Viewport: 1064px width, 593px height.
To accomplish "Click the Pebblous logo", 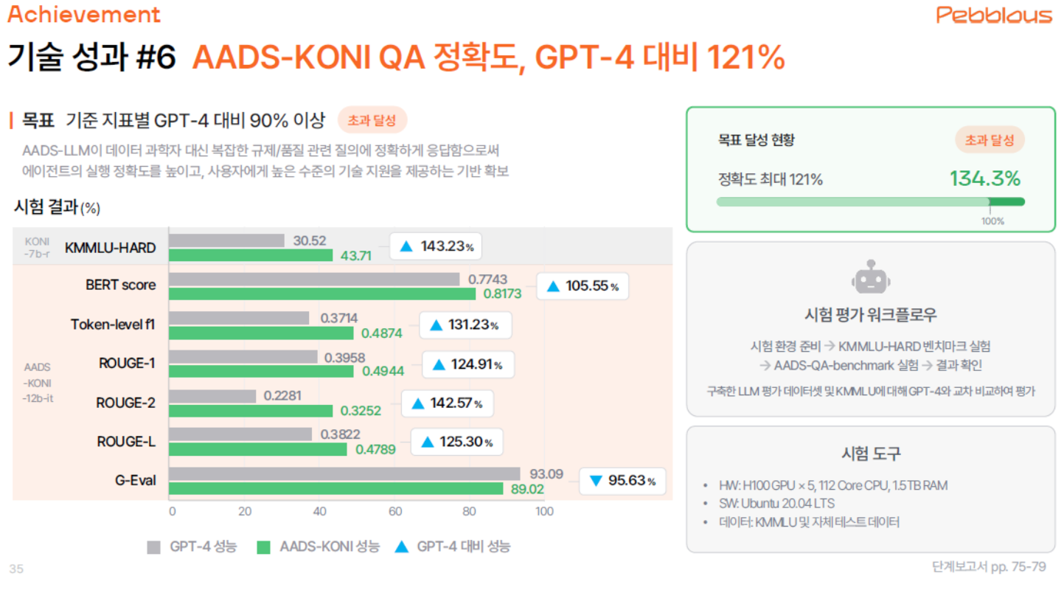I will tap(994, 14).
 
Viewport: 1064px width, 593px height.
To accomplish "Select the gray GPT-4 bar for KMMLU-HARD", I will tap(226, 240).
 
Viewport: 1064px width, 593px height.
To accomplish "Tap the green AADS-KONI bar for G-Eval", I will tap(335, 488).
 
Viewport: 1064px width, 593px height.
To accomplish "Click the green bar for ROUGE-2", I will tap(251, 410).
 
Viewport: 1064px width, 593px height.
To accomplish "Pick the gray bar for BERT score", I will tap(314, 280).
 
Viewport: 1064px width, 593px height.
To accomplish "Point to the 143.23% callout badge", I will tap(435, 246).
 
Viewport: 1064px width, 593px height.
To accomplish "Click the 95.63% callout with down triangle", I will tap(622, 481).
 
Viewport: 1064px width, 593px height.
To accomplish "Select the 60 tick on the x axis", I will tap(395, 511).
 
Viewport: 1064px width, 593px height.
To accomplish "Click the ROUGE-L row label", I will tap(126, 441).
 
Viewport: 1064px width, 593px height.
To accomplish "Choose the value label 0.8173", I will tap(502, 294).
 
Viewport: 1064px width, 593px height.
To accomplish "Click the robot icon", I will tap(870, 278).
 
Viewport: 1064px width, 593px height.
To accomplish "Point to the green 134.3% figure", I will tap(984, 178).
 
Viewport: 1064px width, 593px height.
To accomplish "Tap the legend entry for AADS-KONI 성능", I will tap(318, 547).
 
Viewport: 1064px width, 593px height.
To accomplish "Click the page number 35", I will tap(16, 568).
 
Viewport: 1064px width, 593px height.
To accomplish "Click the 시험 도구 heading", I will tap(870, 452).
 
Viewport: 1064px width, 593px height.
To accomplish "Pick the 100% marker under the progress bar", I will tap(992, 221).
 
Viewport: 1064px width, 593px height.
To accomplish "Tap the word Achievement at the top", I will tap(83, 14).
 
